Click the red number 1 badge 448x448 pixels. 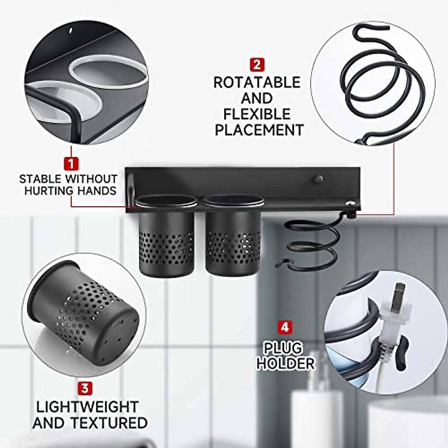[x=71, y=164]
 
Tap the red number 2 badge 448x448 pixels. [x=257, y=65]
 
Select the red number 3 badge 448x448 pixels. [x=85, y=388]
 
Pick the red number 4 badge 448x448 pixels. [x=285, y=327]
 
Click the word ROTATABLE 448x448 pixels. [x=257, y=83]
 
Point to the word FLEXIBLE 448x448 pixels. [x=256, y=114]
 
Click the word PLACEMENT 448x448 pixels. [x=259, y=130]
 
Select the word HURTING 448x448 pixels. [x=49, y=191]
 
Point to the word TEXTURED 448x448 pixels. [x=109, y=423]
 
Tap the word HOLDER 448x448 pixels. [x=286, y=363]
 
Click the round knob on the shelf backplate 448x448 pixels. [x=318, y=179]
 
